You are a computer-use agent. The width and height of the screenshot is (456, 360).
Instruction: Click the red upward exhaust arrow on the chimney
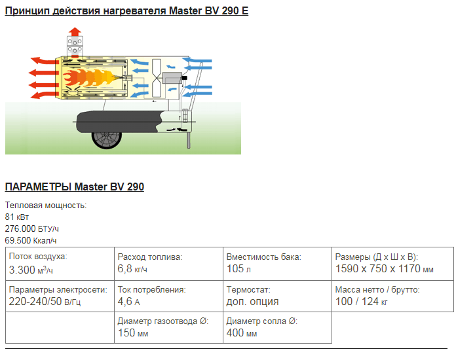pos(75,31)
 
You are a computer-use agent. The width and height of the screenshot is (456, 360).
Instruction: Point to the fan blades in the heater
pos(156,77)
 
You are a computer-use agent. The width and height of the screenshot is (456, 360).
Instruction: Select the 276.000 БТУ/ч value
pos(31,228)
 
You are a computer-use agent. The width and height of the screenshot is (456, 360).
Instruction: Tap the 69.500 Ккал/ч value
pos(31,240)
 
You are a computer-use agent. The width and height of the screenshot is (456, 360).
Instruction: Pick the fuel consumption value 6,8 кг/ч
pos(132,269)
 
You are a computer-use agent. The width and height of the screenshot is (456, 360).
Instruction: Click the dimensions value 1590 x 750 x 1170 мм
pos(384,269)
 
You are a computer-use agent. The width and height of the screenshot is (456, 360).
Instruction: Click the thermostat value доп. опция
pos(252,301)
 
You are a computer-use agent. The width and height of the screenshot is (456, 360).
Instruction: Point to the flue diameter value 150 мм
pos(133,333)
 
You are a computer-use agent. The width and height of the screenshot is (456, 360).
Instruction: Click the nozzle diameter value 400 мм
pos(242,333)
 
